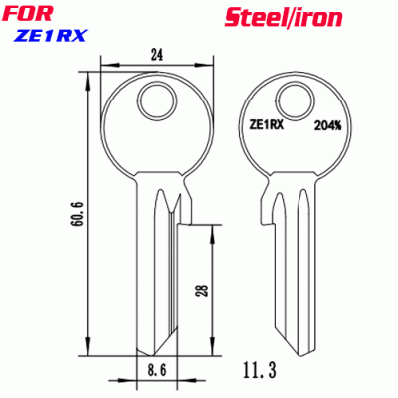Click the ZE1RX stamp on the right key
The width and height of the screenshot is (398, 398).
[x=264, y=125]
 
